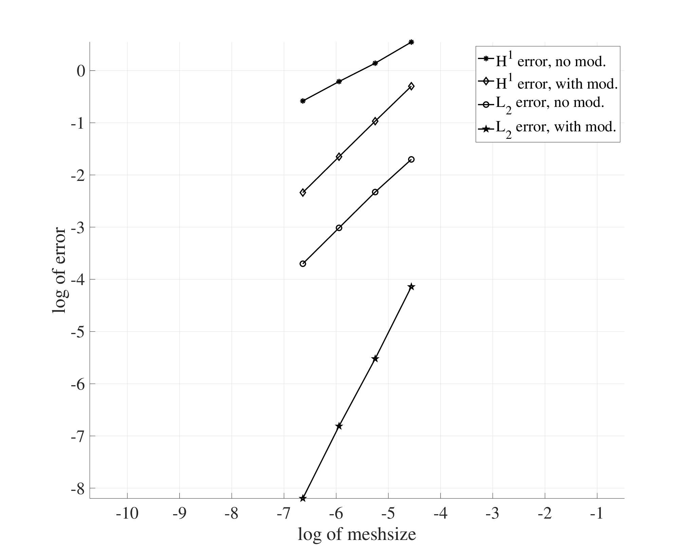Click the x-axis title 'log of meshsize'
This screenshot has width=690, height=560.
pyautogui.click(x=357, y=535)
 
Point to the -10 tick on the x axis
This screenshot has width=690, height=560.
pyautogui.click(x=127, y=514)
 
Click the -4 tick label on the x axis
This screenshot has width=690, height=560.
pyautogui.click(x=440, y=514)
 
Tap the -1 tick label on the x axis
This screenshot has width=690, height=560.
pyautogui.click(x=597, y=514)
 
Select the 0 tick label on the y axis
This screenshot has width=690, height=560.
pyautogui.click(x=81, y=71)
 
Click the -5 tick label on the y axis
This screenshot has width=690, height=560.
pyautogui.click(x=78, y=332)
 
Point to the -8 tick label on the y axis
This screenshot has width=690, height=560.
pyautogui.click(x=78, y=488)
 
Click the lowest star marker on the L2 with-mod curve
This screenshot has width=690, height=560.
pyautogui.click(x=303, y=498)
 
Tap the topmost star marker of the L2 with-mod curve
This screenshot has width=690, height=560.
pyautogui.click(x=411, y=287)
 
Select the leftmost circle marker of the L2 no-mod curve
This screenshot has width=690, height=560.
pyautogui.click(x=303, y=264)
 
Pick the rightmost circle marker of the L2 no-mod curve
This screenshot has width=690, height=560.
pyautogui.click(x=411, y=160)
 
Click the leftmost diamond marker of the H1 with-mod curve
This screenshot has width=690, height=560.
pyautogui.click(x=303, y=192)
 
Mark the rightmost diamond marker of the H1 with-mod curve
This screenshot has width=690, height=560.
pyautogui.click(x=411, y=86)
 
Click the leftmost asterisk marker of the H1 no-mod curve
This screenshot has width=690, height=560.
pyautogui.click(x=303, y=101)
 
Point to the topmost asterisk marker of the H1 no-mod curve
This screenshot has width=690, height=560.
pyautogui.click(x=411, y=42)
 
